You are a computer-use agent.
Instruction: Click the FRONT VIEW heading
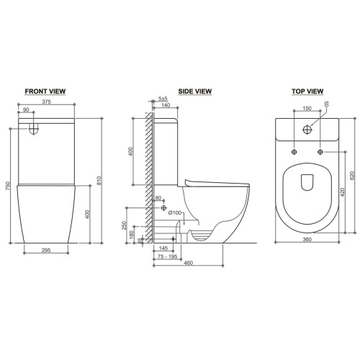[x=45, y=91]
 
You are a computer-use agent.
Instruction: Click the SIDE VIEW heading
[x=195, y=91]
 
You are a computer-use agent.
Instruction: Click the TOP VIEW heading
[x=307, y=91]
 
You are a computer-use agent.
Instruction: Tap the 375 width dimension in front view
[x=46, y=102]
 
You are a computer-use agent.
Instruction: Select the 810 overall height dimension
[x=99, y=181]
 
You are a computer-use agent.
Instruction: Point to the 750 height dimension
[x=8, y=186]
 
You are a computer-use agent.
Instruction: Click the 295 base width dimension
[x=46, y=250]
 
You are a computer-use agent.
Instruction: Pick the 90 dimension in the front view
[x=26, y=110]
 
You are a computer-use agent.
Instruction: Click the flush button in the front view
[x=34, y=129]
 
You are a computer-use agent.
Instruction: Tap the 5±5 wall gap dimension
[x=163, y=99]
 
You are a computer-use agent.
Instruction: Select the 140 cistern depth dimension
[x=166, y=105]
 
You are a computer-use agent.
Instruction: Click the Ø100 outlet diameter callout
[x=175, y=212]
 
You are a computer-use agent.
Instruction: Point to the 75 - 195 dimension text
[x=167, y=256]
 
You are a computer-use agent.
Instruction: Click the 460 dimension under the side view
[x=188, y=263]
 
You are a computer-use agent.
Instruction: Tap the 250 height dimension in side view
[x=124, y=225]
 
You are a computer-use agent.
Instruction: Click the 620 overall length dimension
[x=352, y=176]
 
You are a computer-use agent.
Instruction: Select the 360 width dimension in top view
[x=307, y=239]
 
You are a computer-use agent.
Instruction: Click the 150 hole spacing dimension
[x=307, y=109]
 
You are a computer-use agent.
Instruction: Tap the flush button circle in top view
[x=307, y=130]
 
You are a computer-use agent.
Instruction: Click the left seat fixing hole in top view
[x=294, y=152]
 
